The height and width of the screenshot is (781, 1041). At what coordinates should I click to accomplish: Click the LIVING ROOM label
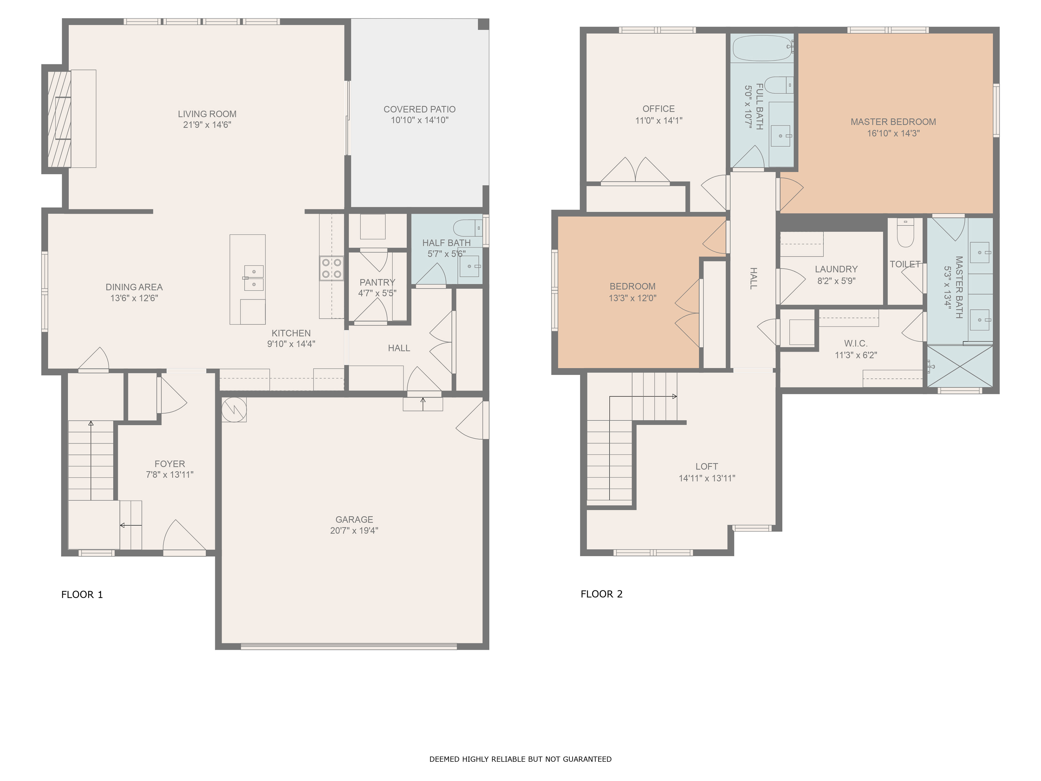point(207,114)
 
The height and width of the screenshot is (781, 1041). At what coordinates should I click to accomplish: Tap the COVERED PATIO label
point(419,109)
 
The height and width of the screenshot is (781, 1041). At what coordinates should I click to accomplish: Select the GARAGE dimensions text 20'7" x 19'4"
point(354,530)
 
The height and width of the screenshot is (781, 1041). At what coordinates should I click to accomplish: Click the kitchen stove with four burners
point(331,268)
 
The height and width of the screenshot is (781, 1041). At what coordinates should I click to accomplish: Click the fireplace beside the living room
point(60,119)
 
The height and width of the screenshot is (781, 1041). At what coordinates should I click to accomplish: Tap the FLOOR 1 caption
point(82,595)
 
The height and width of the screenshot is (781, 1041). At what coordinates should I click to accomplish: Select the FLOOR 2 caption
point(602,594)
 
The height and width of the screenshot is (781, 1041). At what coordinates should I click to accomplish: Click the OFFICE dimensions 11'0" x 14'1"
point(658,120)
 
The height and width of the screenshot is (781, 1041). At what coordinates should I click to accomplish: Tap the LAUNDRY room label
point(836,269)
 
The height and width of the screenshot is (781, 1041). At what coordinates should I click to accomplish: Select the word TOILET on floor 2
point(905,264)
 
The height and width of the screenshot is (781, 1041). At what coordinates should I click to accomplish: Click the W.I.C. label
point(856,344)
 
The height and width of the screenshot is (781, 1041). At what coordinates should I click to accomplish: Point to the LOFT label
point(706,466)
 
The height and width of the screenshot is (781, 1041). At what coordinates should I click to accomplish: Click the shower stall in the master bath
point(960,366)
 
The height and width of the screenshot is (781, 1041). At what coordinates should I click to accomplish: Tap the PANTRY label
point(377,283)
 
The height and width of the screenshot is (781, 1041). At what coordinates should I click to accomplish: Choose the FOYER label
point(169,464)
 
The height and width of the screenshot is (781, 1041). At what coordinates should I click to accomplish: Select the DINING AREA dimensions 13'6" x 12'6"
point(134,298)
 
